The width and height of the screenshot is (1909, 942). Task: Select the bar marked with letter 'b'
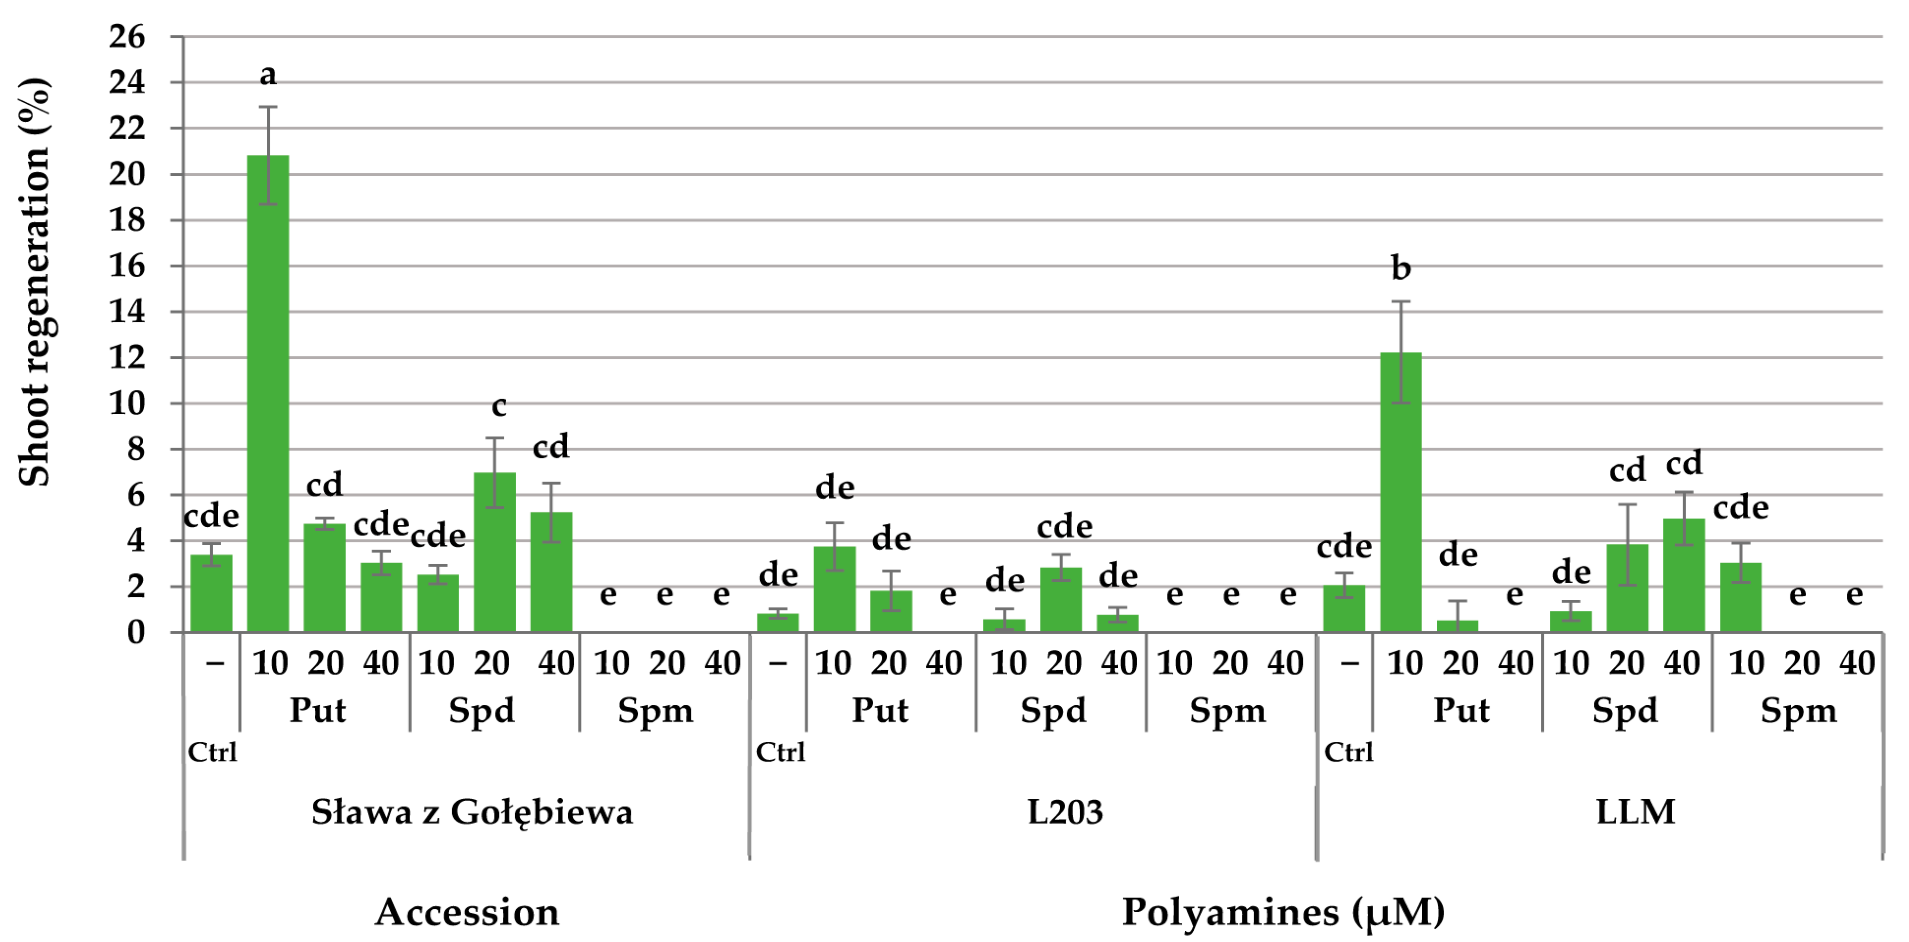(1401, 493)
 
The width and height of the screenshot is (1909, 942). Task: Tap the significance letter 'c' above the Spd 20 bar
(499, 406)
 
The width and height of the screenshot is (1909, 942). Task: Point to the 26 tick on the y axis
(128, 37)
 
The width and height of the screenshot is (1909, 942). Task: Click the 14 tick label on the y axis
(128, 312)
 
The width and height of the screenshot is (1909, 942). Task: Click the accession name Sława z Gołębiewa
(472, 813)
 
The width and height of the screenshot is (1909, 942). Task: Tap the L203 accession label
(1065, 813)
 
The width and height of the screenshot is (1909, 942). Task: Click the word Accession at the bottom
(467, 912)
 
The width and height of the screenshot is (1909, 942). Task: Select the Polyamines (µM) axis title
(1283, 912)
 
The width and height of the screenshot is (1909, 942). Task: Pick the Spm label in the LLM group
(1798, 711)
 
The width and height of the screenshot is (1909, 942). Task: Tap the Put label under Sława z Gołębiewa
(318, 711)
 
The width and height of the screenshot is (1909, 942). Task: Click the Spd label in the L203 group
(1053, 711)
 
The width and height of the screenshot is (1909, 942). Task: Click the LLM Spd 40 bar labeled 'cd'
(1684, 575)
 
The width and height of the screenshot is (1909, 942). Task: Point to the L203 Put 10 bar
(835, 590)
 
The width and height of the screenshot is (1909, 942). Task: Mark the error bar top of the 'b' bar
(1401, 301)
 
